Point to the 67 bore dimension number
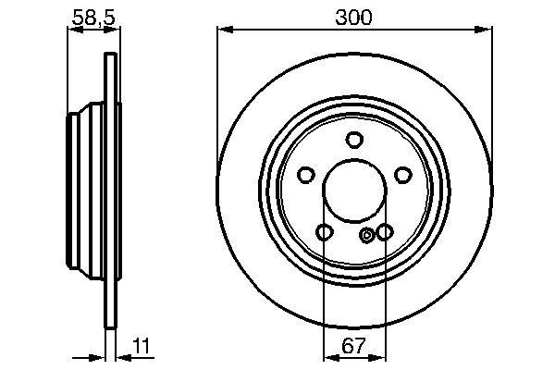(x=353, y=350)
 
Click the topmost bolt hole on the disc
(x=353, y=140)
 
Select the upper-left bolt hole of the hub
(x=306, y=174)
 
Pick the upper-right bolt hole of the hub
(x=401, y=174)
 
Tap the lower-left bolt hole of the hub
(x=324, y=231)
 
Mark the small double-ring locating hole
(x=368, y=235)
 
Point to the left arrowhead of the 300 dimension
(x=224, y=31)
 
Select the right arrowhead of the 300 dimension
(x=485, y=31)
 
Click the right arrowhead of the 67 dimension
(x=379, y=356)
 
